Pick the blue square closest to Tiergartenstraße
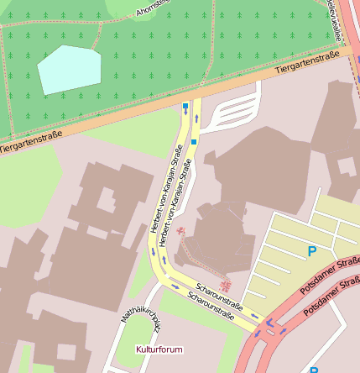(185, 106)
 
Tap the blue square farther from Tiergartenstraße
(194, 142)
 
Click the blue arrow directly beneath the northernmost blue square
(185, 118)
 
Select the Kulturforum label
(159, 348)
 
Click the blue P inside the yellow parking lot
(312, 251)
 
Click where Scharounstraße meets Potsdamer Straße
(267, 326)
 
